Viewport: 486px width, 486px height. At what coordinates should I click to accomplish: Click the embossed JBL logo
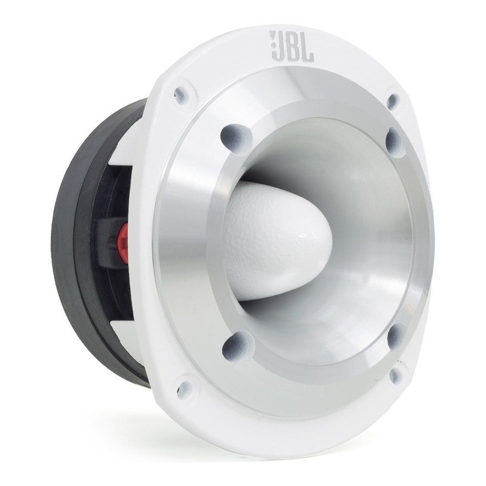(x=291, y=46)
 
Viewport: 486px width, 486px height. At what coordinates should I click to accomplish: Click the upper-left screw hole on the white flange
(x=180, y=95)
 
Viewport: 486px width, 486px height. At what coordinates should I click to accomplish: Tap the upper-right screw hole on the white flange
(x=393, y=101)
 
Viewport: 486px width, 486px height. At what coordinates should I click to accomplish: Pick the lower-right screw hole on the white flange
(x=395, y=376)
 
